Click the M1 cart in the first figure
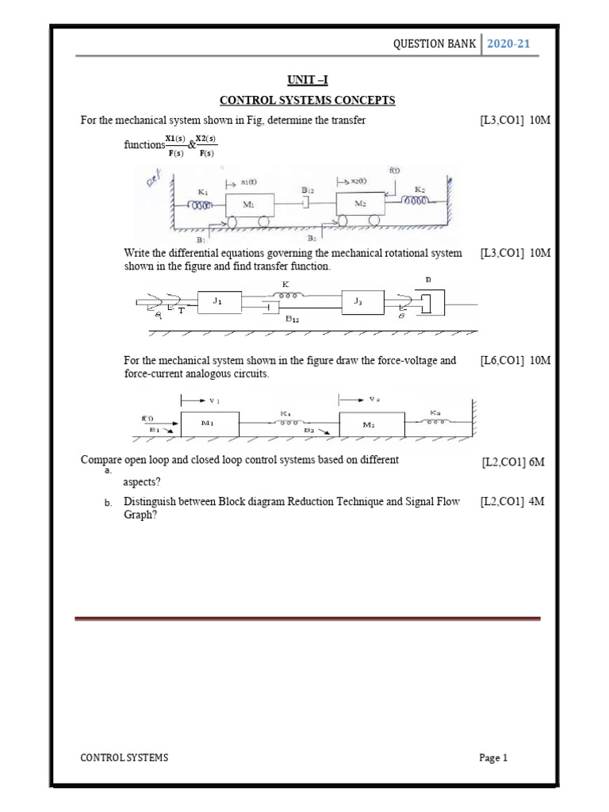[249, 205]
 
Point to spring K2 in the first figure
[419, 202]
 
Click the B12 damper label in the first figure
[308, 191]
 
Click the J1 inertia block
[218, 301]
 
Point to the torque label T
[181, 311]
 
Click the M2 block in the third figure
[370, 424]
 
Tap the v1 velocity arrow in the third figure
[201, 401]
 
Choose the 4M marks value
[538, 502]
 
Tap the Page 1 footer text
[492, 758]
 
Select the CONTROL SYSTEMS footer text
[124, 758]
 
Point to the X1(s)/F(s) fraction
[174, 146]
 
